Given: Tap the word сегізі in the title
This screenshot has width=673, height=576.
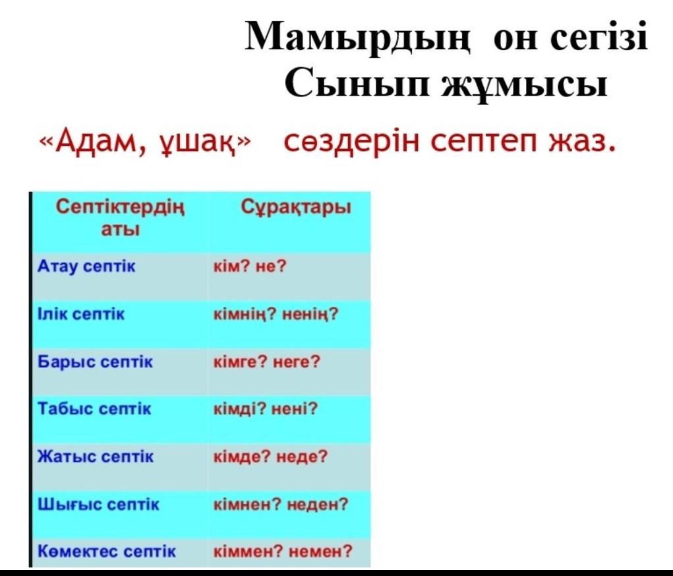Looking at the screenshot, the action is pos(600,37).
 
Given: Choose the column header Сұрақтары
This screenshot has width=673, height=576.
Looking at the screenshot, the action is pos(296,207).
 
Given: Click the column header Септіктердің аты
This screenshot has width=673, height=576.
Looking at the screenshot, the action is pos(121,218).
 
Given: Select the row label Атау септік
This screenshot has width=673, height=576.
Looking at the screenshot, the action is pos(86,267).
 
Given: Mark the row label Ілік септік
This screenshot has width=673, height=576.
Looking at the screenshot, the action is pos(80,314).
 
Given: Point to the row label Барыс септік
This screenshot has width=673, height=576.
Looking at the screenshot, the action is pos(95,362).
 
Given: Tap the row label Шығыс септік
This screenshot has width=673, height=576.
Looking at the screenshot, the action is pos(98,504).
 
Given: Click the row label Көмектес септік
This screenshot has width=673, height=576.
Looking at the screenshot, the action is pos(106,551).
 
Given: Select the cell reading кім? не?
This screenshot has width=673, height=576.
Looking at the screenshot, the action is pos(249,267).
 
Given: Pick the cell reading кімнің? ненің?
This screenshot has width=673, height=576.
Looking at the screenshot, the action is pos(276,315).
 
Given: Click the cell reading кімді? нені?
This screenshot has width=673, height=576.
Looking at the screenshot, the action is pos(265,408).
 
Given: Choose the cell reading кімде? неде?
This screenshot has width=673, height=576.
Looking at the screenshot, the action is pos(270,456).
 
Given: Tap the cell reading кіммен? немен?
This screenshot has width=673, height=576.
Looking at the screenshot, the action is pos(283,551).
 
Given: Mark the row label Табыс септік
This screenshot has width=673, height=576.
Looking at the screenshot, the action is pos(94,408).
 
